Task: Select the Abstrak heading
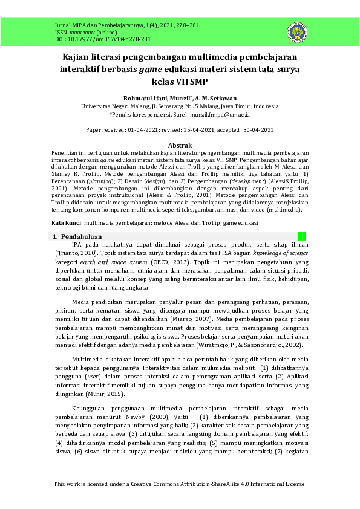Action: point(180,146)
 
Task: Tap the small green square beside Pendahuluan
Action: point(301,236)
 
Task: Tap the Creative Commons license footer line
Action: point(180,484)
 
